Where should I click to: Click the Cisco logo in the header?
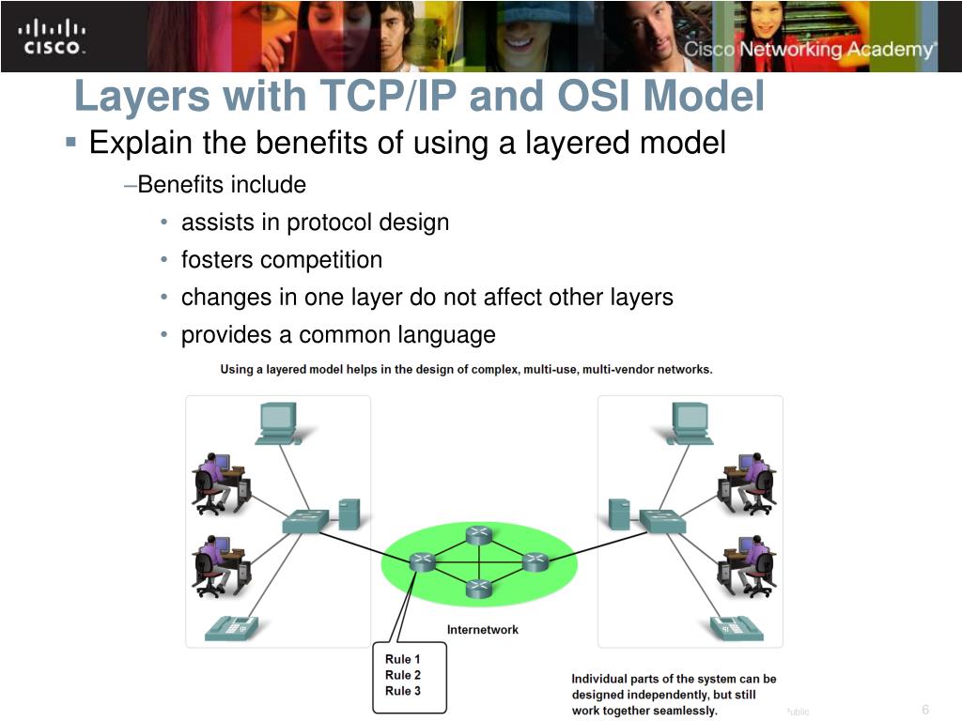coord(53,36)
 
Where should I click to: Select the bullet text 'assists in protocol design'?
coord(315,222)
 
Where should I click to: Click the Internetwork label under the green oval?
coord(482,629)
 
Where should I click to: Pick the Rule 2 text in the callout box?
coord(403,675)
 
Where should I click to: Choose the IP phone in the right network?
coord(737,626)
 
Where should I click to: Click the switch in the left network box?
coord(304,519)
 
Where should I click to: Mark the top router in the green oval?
coord(479,535)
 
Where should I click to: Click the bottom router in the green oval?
coord(479,589)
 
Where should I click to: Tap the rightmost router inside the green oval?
coord(534,561)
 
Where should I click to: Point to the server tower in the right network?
coord(618,514)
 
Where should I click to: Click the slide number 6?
coord(925,709)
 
